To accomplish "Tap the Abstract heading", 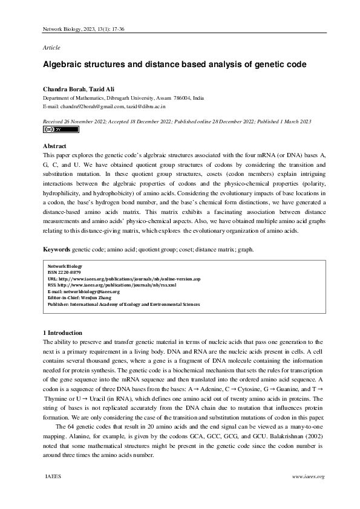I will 54,146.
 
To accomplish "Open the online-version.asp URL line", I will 123,278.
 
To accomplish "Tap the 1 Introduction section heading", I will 65,333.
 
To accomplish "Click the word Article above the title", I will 51,47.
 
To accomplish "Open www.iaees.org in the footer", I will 308,476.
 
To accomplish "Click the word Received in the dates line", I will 54,122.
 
